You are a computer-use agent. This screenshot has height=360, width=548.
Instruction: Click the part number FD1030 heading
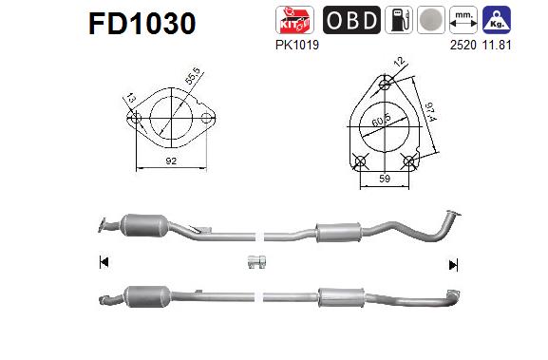[x=142, y=23]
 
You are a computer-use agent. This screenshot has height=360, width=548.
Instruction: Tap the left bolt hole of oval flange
[x=136, y=120]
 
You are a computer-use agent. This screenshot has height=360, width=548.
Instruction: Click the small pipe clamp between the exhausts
[x=255, y=262]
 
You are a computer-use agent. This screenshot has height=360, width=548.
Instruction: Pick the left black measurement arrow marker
[x=103, y=262]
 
